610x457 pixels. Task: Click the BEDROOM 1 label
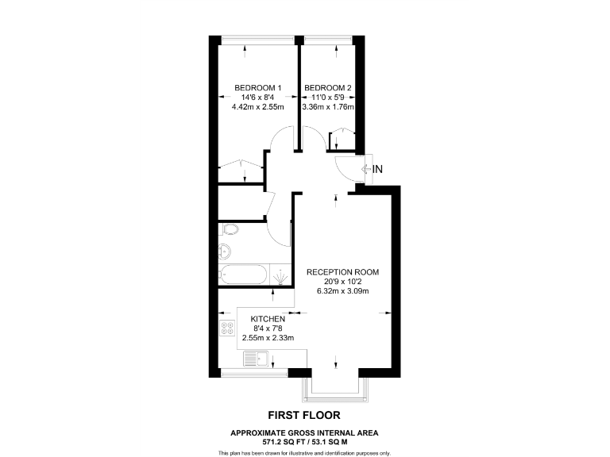[257, 87]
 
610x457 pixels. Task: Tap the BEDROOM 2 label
[327, 87]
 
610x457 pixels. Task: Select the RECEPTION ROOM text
[343, 272]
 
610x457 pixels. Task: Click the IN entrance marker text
[378, 168]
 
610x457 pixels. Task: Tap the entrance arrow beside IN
[367, 168]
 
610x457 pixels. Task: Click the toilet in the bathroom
[229, 230]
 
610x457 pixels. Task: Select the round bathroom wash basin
[224, 252]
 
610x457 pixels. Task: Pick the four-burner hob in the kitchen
[226, 330]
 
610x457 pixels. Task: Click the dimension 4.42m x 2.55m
[257, 107]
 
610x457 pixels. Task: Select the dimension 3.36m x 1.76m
[327, 107]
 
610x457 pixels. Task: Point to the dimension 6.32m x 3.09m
[343, 291]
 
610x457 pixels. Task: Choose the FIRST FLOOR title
[304, 415]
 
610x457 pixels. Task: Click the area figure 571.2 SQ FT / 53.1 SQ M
[304, 440]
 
